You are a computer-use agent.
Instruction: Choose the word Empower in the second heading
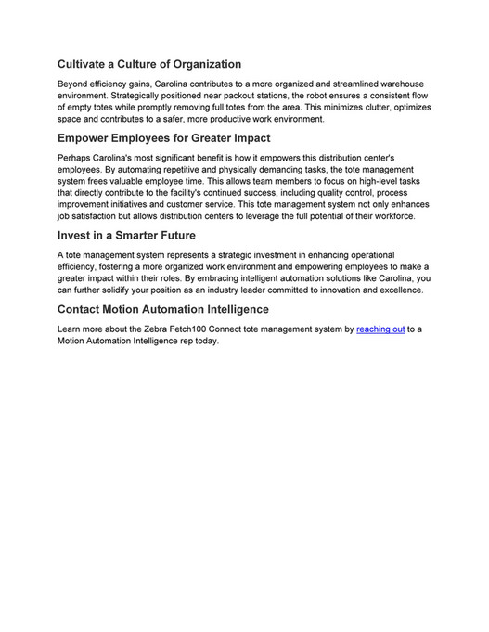pos(89,138)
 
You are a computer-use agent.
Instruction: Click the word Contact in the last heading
pos(84,309)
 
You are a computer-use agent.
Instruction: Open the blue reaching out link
pos(380,329)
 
